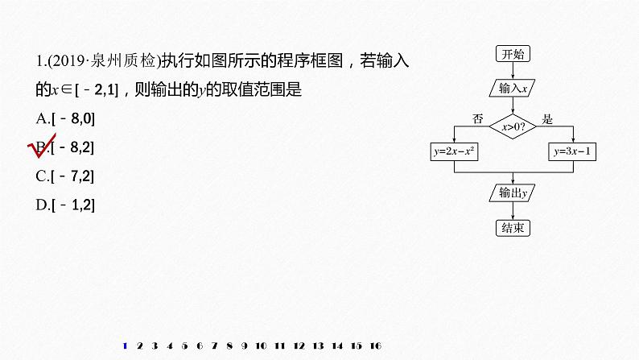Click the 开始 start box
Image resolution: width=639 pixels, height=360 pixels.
tap(513, 55)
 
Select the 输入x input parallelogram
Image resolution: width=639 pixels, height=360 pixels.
tap(513, 89)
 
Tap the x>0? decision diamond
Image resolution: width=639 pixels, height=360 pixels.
tap(513, 126)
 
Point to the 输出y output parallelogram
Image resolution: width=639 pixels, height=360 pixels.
tap(513, 192)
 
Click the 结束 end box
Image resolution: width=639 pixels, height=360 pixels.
tap(513, 227)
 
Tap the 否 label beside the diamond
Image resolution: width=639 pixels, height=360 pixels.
tap(477, 119)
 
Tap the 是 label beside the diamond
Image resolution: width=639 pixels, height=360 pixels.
tap(548, 119)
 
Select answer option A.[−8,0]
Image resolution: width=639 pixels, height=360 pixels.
tap(66, 119)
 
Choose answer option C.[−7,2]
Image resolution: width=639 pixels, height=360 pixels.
tap(66, 176)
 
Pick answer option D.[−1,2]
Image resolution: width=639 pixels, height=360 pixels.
tap(66, 205)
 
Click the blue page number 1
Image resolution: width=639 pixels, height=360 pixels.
tap(124, 346)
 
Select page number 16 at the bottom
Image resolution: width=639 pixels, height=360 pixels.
tap(375, 346)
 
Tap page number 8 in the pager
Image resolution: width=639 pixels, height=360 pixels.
tap(229, 346)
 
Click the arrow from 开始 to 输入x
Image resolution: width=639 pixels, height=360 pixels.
tap(513, 72)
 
